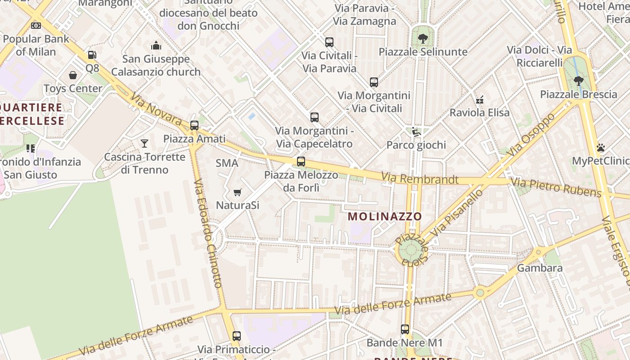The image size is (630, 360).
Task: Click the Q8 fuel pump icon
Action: (92, 55)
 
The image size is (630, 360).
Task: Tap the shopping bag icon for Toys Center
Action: (73, 75)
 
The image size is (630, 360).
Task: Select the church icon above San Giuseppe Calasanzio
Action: (156, 45)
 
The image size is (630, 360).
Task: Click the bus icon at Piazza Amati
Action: (194, 126)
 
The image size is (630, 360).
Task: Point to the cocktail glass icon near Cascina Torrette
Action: (144, 144)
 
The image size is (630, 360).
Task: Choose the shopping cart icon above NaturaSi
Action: (238, 193)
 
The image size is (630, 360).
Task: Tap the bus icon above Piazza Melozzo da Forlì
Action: (301, 162)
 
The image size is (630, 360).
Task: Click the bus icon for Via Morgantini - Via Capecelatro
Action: (315, 117)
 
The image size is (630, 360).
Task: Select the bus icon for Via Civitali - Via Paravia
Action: (329, 42)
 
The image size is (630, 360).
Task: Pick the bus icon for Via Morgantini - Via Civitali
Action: (374, 82)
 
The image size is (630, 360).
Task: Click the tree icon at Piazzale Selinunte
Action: (423, 39)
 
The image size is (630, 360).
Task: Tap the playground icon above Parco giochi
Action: (416, 132)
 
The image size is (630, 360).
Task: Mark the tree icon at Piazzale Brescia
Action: (579, 81)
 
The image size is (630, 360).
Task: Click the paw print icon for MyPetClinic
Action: (601, 148)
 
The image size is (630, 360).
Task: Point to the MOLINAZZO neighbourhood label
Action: (385, 216)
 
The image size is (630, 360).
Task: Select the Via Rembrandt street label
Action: (419, 179)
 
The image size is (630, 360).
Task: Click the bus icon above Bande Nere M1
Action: (405, 329)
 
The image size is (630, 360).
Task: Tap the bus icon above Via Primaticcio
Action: (237, 336)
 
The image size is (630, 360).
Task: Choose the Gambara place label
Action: (540, 268)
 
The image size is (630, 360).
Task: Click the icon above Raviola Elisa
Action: (480, 99)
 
